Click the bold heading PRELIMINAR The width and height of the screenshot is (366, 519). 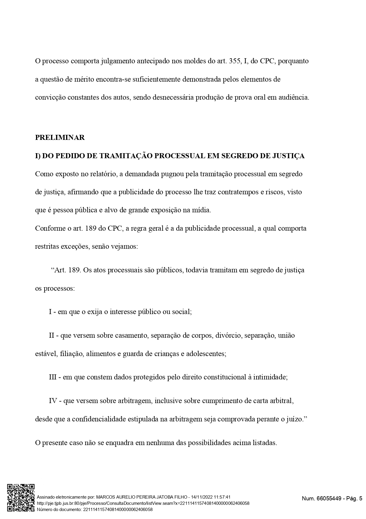point(60,138)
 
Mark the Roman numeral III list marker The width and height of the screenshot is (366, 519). point(55,377)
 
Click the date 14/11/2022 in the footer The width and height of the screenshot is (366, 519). point(203,497)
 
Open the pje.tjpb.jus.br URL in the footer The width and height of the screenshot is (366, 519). point(143,503)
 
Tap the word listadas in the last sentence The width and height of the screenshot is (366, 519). point(264,443)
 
